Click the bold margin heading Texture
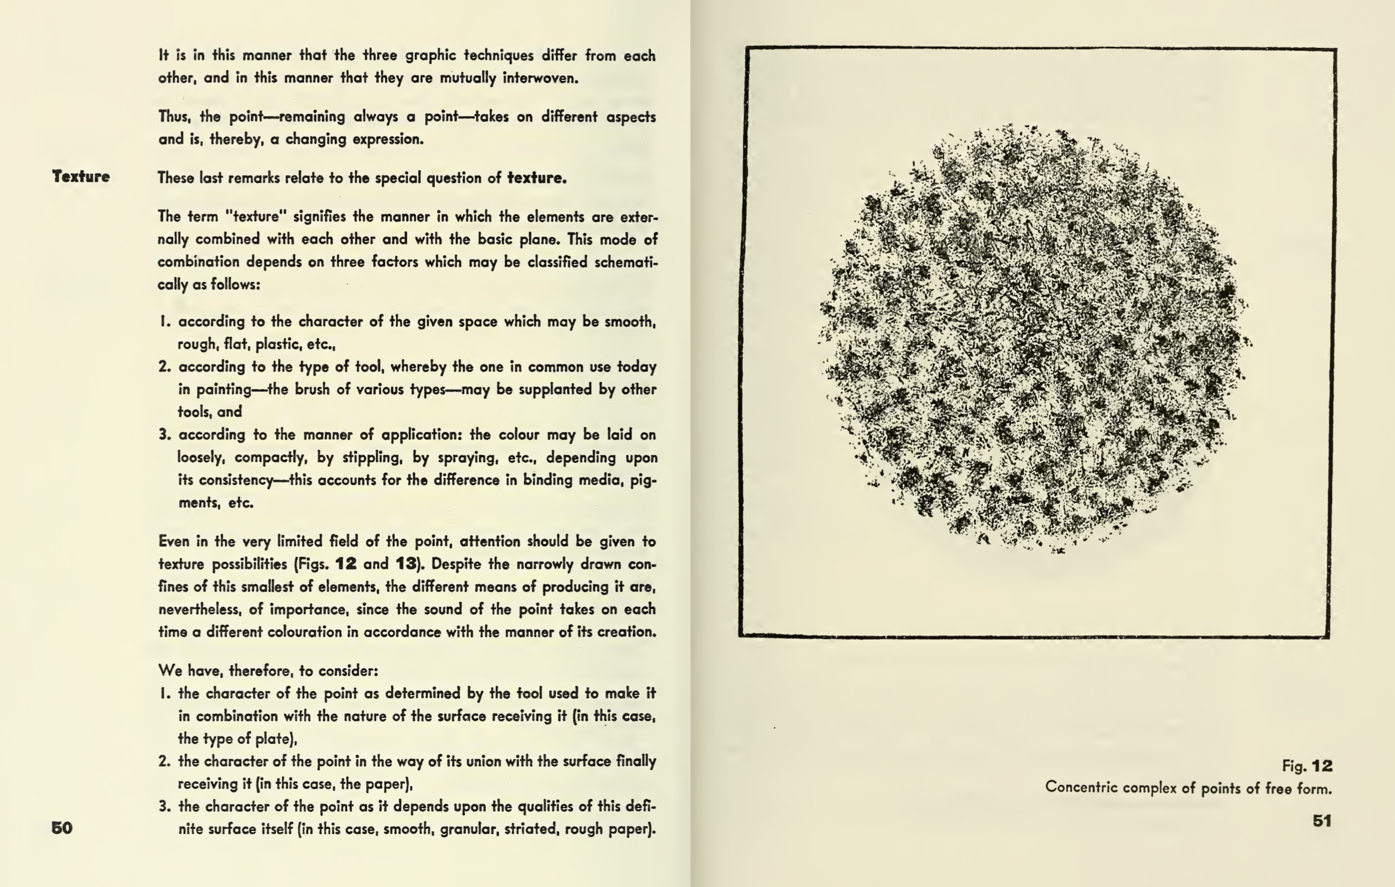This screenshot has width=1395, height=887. click(81, 176)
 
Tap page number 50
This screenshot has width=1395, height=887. click(62, 827)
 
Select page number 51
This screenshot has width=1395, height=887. click(1321, 820)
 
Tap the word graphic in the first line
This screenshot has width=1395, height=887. click(430, 56)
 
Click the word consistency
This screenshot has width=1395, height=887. click(235, 480)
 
